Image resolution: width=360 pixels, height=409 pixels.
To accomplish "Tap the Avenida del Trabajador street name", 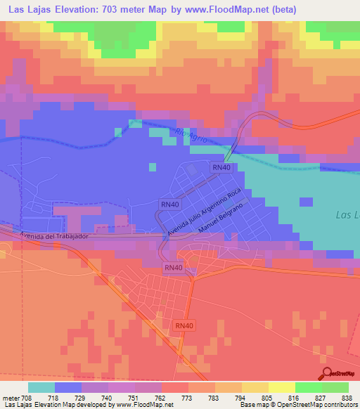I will pos(53,236).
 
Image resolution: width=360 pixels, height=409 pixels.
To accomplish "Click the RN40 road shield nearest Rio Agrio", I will pos(221,167).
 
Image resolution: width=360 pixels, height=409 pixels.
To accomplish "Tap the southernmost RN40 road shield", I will pos(184,325).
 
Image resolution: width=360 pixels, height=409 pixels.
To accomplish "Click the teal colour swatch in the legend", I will pos(41,387).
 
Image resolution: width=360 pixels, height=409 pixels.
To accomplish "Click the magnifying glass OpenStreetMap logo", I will pos(327,374).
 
